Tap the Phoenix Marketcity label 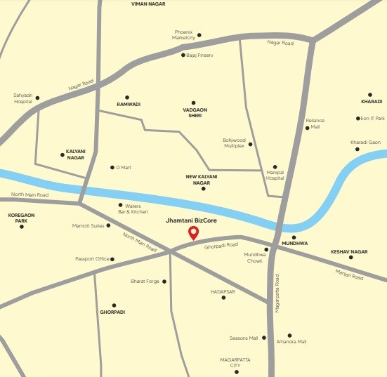(183, 34)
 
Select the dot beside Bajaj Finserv (183, 55)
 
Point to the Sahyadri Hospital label (23, 98)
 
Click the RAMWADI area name (129, 105)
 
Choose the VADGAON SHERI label (194, 112)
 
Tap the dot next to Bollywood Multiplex (250, 144)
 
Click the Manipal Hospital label (275, 175)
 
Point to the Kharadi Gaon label (365, 142)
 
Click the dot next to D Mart (112, 167)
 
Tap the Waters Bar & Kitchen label (133, 209)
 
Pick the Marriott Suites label (88, 225)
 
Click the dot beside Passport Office (112, 259)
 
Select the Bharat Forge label (145, 282)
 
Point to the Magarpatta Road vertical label (277, 293)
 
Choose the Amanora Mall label (291, 342)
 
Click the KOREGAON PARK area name (21, 218)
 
